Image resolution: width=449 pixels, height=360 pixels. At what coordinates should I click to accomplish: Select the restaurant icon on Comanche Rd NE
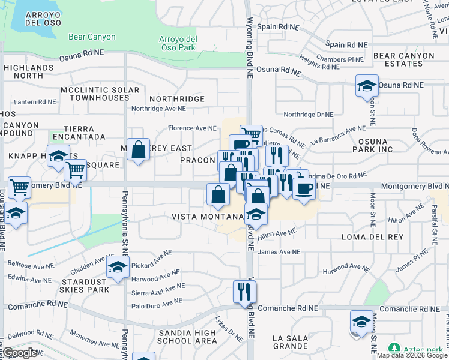click(244, 292)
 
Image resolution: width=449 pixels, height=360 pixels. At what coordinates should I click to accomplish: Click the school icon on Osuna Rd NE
click(366, 86)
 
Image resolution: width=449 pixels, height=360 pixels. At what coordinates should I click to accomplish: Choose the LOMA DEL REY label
click(366, 237)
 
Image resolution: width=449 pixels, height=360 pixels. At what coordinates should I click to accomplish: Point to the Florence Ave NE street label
click(192, 128)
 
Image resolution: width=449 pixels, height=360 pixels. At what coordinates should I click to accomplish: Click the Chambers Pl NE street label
click(340, 59)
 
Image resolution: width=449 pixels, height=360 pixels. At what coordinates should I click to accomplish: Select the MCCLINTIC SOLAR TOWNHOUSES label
click(100, 94)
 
